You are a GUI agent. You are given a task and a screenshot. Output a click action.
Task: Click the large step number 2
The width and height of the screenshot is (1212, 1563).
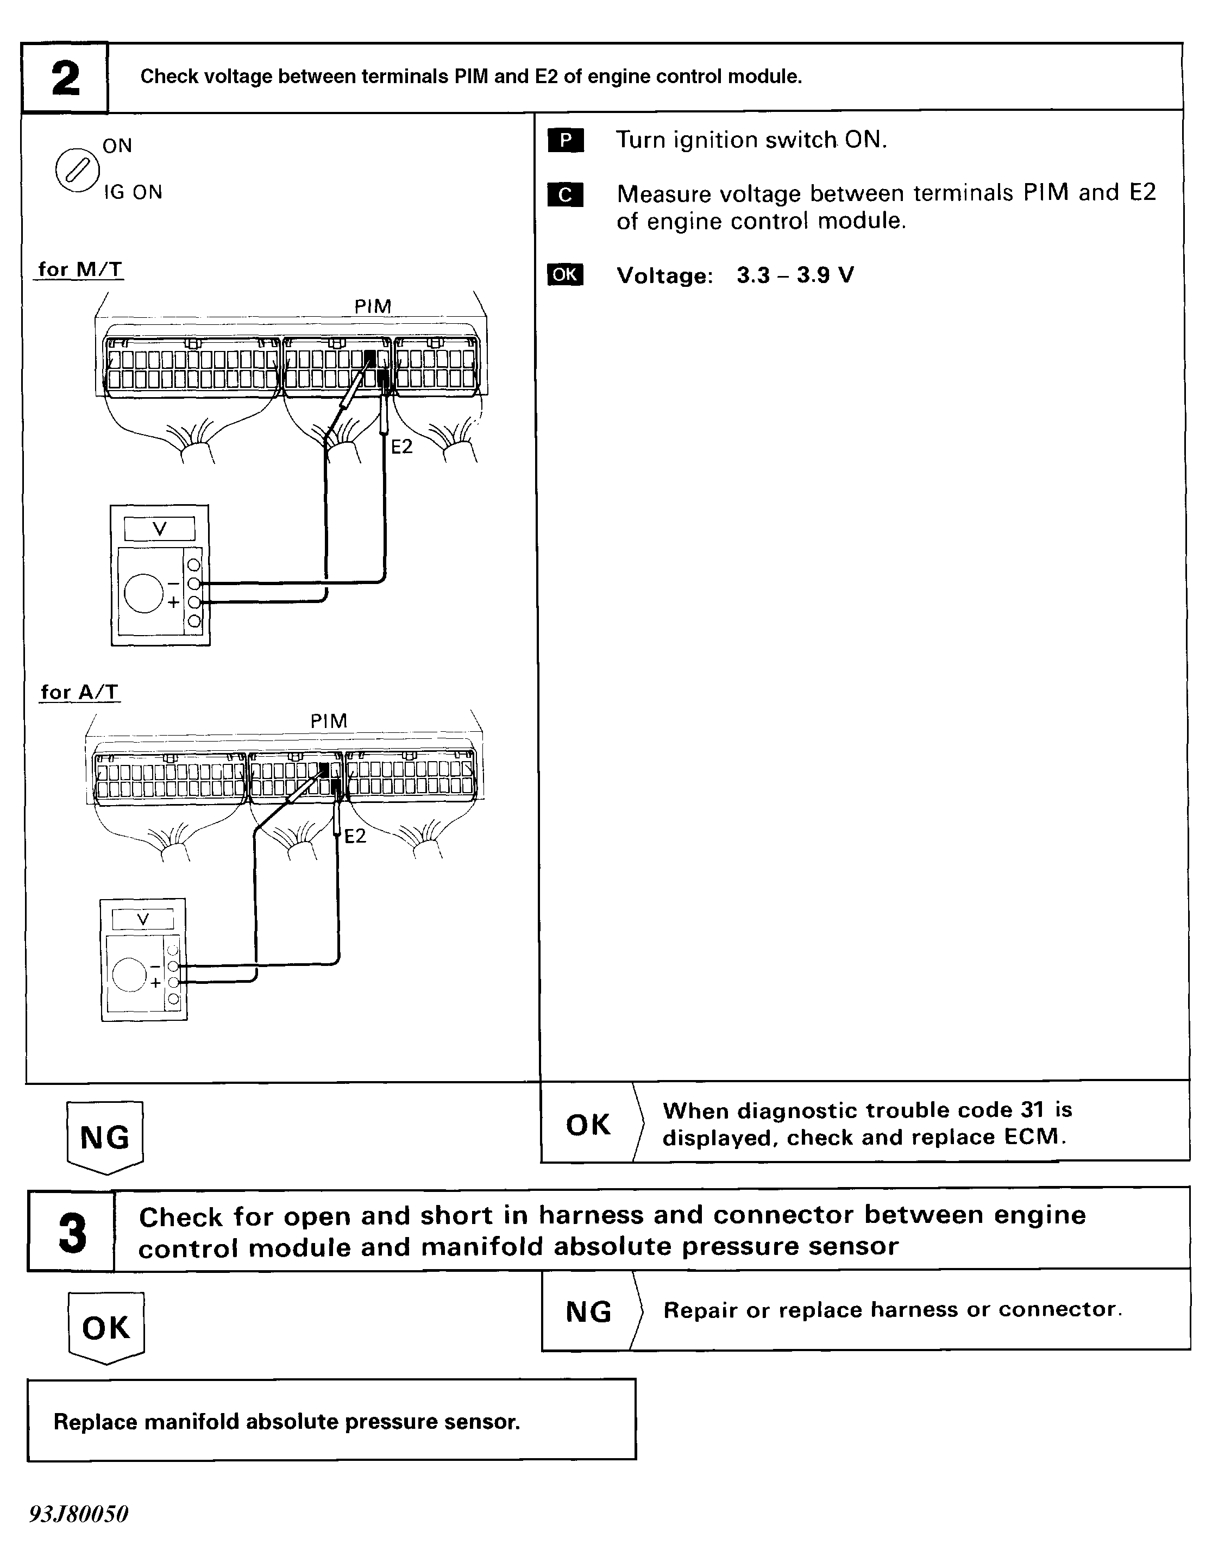65,78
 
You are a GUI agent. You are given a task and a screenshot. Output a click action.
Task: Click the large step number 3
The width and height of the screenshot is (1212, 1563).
72,1233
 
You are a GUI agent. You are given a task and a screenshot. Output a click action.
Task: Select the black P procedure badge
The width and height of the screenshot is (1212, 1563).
565,140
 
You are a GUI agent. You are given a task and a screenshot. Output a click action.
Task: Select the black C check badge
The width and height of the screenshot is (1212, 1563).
565,194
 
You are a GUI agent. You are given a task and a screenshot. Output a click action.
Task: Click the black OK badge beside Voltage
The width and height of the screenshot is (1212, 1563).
565,275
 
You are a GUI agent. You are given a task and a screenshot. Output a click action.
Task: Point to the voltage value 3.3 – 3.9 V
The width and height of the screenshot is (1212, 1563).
795,275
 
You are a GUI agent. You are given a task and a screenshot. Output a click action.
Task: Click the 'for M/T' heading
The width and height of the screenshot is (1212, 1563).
79,270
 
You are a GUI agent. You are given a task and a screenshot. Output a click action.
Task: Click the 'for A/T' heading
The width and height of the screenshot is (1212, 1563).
79,692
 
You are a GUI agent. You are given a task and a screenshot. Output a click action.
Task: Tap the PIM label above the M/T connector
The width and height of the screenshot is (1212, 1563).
373,306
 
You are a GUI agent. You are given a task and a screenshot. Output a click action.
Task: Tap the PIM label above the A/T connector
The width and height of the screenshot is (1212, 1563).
329,721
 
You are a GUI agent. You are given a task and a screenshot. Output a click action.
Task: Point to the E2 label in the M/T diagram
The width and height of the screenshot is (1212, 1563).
401,447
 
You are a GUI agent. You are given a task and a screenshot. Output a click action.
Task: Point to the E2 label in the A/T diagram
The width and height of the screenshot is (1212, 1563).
355,837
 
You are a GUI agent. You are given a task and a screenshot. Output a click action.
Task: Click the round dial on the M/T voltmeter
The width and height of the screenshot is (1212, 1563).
144,593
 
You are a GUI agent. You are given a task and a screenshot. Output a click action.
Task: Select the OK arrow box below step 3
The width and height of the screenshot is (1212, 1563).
106,1328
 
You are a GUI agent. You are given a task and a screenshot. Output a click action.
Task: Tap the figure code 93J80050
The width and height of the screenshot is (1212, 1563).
79,1514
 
